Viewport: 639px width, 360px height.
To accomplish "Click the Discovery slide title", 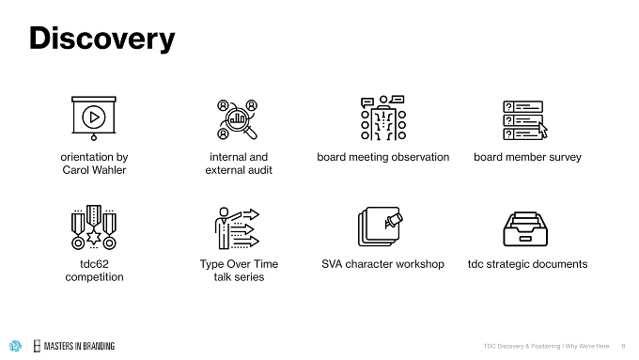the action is [101, 39].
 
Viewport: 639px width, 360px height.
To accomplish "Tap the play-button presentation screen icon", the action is [94, 118].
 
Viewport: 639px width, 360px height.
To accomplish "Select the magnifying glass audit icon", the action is [238, 119].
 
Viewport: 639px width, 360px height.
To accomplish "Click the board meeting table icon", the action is [383, 118].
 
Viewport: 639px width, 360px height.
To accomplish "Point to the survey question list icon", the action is [525, 120].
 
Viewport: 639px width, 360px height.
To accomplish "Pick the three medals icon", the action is [94, 227].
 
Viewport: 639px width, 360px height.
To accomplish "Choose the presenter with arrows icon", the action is [237, 227].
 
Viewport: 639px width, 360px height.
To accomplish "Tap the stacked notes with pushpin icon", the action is [380, 227].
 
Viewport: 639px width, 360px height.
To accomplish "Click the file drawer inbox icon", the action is [525, 228].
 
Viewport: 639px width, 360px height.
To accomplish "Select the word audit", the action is [259, 170].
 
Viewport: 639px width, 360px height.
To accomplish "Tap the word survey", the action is [565, 157].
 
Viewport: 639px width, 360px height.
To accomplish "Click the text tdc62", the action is [94, 264].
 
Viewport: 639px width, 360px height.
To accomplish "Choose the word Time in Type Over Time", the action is [265, 264].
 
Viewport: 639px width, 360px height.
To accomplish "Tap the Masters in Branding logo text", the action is [79, 346].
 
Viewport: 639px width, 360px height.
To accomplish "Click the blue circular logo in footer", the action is [15, 346].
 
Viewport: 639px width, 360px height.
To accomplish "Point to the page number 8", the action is [623, 346].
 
